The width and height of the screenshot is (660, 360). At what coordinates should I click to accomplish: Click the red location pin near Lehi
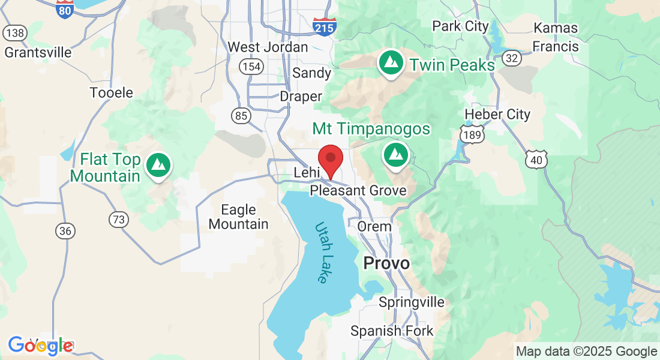tap(330, 159)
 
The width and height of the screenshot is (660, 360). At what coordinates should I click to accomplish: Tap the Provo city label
tap(387, 263)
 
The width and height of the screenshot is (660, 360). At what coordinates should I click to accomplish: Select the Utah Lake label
tap(322, 253)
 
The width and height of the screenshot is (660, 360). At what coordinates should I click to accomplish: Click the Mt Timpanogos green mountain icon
tap(395, 154)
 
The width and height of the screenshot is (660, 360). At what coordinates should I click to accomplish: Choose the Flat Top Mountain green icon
tap(159, 164)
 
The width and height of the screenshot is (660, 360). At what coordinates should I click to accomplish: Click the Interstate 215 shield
tap(325, 26)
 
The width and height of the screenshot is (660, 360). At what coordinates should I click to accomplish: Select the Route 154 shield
tap(251, 66)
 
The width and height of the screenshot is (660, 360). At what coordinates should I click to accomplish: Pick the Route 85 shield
tap(241, 116)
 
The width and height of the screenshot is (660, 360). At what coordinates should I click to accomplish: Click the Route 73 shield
tap(119, 220)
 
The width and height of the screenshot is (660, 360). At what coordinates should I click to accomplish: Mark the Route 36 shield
tap(64, 230)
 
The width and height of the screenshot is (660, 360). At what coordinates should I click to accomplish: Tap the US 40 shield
tap(536, 159)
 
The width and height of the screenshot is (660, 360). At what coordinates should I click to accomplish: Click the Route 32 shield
tap(512, 58)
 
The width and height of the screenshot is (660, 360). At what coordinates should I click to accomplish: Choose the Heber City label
tap(497, 114)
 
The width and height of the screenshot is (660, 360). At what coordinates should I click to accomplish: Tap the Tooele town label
tap(111, 93)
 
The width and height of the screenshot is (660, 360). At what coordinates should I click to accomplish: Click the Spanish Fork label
tap(392, 331)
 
